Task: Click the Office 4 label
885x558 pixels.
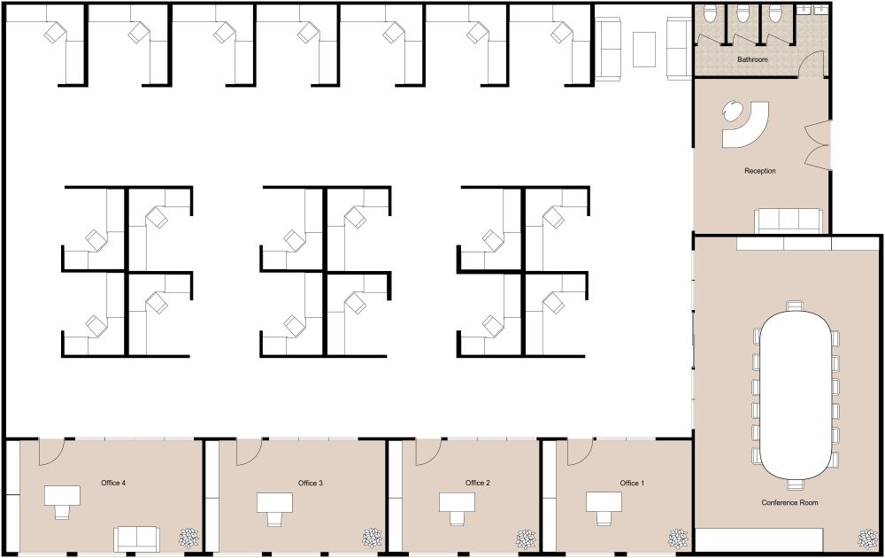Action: [x=113, y=483]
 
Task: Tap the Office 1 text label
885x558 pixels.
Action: [x=632, y=484]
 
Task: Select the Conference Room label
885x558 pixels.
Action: [x=789, y=502]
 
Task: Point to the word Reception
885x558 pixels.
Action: [x=760, y=171]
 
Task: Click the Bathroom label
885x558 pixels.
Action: [x=753, y=59]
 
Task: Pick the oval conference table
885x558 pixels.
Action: [x=796, y=394]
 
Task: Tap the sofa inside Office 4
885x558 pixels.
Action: [x=136, y=538]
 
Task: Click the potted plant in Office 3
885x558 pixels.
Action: [x=372, y=538]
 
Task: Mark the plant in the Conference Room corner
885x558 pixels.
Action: [x=866, y=538]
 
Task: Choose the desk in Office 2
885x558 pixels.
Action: [x=457, y=502]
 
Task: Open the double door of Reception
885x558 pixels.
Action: [x=819, y=145]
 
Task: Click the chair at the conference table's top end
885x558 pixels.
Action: [x=795, y=306]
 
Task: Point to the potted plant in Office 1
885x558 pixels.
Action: [x=679, y=538]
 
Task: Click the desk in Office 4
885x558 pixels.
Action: [x=61, y=494]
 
